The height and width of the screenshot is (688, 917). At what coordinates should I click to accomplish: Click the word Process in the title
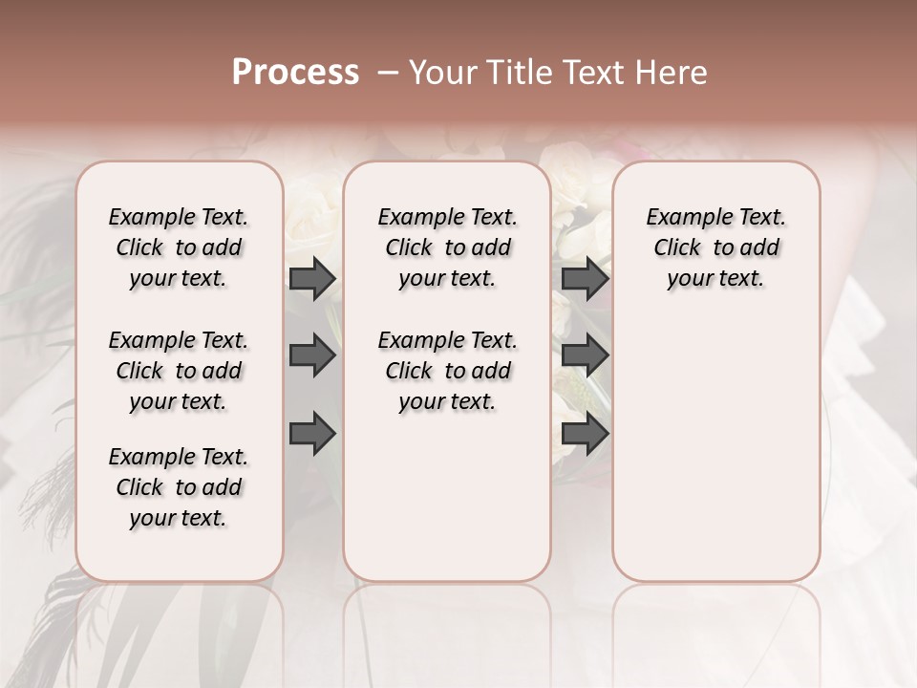(x=295, y=73)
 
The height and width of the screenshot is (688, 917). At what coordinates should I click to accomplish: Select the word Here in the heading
(x=672, y=73)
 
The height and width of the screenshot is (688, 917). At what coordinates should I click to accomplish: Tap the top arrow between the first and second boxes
(x=312, y=279)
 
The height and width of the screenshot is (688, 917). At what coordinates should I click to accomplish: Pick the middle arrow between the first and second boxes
(x=312, y=356)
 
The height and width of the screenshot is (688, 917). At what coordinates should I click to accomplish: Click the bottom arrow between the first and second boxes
(x=312, y=433)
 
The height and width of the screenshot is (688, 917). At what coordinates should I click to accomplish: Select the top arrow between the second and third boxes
(x=585, y=279)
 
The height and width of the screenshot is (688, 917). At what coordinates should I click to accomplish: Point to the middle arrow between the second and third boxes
(x=585, y=356)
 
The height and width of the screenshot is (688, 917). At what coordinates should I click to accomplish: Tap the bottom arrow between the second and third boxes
(x=585, y=433)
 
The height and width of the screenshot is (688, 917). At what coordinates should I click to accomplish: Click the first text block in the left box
(x=179, y=247)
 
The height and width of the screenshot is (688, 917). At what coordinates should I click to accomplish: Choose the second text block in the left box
(x=179, y=371)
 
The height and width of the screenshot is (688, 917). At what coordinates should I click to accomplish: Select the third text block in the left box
(x=179, y=487)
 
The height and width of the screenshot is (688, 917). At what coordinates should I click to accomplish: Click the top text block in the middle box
(x=447, y=247)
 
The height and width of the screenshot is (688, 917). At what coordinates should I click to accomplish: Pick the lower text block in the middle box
(x=447, y=371)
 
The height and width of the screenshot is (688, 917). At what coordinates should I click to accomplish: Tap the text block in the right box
(x=715, y=247)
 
